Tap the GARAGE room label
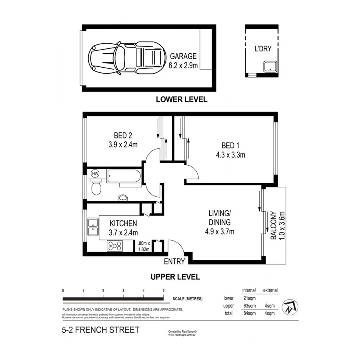pos(183,56)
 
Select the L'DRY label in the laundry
pos(263,50)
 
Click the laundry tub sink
pos(271,68)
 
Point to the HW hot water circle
pos(95,174)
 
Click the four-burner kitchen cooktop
pos(115,246)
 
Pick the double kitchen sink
pos(93,226)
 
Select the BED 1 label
pos(230,145)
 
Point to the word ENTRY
pos(175,262)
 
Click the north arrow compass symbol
pos(291,307)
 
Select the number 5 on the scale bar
pos(163,291)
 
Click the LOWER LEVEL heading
pos(182,100)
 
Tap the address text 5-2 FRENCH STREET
pos(100,330)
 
